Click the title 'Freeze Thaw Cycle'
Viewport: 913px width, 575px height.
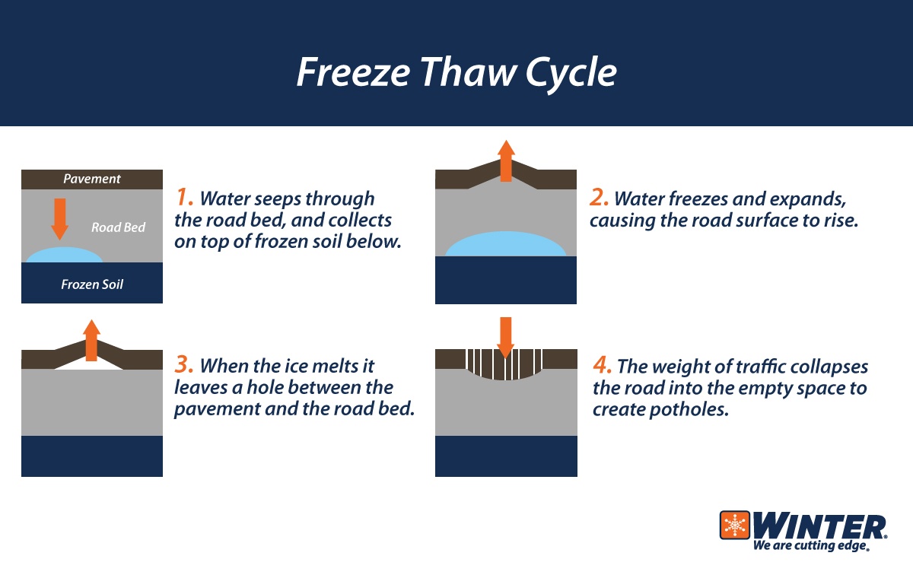pos(456,72)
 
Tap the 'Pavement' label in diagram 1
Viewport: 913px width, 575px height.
pos(92,179)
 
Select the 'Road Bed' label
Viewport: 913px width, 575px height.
pos(118,227)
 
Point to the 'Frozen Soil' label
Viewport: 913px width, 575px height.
pos(92,284)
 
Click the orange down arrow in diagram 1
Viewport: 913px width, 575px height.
pos(59,218)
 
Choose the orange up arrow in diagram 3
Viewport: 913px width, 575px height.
pos(92,340)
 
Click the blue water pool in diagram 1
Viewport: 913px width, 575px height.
pos(69,255)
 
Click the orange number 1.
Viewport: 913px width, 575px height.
pos(185,198)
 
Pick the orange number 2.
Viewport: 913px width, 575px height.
pos(600,198)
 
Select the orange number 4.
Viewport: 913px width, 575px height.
pos(602,366)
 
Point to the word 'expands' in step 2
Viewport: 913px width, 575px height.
pos(812,199)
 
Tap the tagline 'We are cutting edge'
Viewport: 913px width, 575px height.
pos(810,546)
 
